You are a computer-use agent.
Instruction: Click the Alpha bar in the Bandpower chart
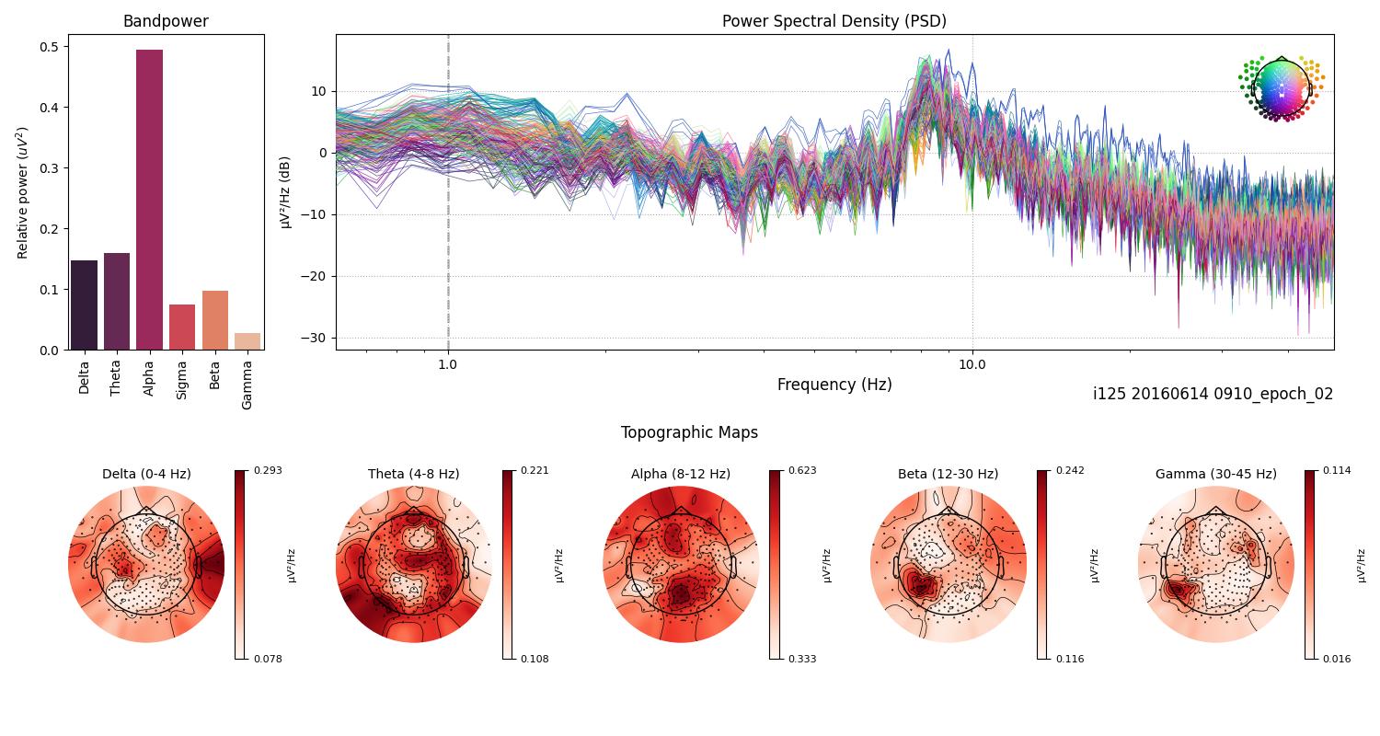[149, 200]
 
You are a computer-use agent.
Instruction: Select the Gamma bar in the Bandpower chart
[247, 341]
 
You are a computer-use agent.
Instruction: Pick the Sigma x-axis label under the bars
[182, 376]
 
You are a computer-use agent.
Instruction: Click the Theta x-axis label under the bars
[116, 376]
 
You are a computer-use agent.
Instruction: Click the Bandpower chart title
[166, 21]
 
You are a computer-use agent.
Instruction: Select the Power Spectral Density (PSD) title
[834, 21]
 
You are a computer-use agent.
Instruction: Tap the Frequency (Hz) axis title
[834, 385]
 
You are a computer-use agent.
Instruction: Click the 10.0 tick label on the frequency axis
[972, 364]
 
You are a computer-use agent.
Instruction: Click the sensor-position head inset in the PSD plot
[1281, 88]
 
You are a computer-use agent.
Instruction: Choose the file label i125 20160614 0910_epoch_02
[1213, 394]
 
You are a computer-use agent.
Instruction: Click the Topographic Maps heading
[689, 432]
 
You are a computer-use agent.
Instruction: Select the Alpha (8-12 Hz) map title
[680, 475]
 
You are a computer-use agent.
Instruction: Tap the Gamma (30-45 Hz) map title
[1215, 475]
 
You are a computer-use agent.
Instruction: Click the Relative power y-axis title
[23, 192]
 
